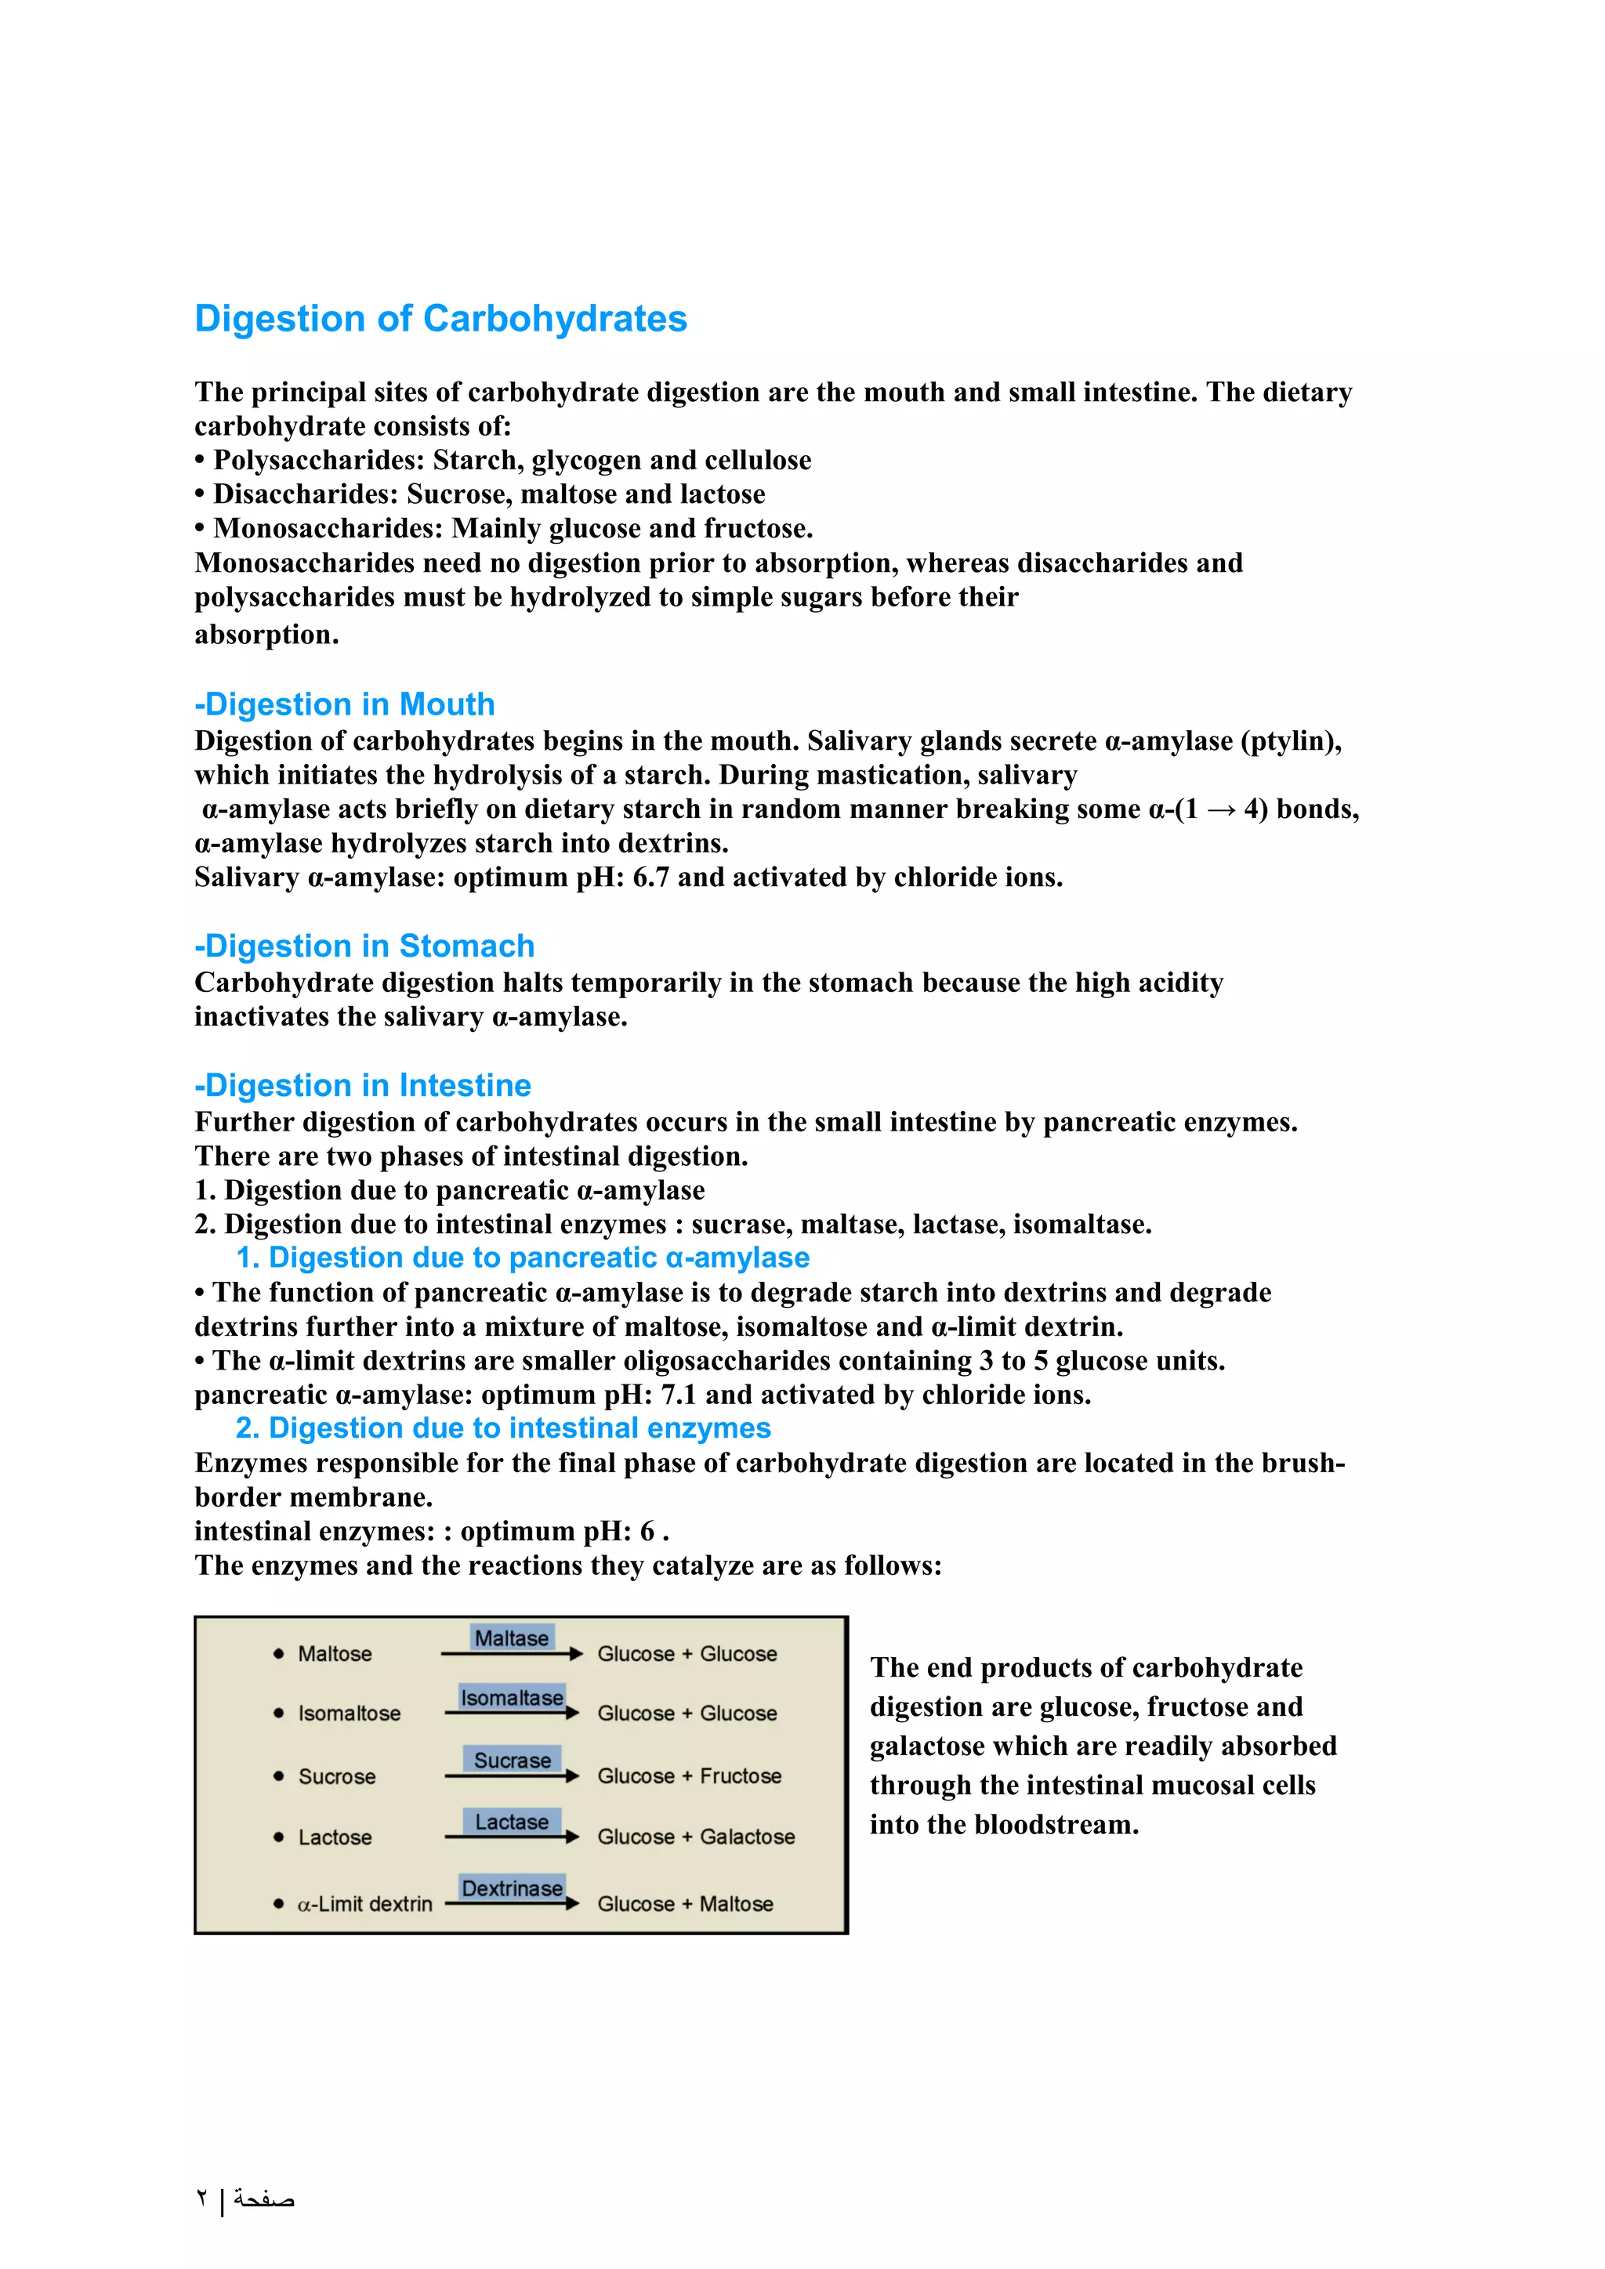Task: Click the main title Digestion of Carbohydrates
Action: pos(440,319)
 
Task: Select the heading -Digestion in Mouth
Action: pos(345,704)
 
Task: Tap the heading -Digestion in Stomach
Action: pos(364,946)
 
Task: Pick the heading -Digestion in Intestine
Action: pos(363,1085)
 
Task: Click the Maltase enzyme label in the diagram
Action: pos(511,1638)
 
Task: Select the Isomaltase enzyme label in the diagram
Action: pos(511,1697)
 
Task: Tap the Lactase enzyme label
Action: pos(511,1822)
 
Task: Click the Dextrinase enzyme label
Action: pos(511,1887)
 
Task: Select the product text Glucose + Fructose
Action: pos(689,1776)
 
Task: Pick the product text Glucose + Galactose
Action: pos(696,1837)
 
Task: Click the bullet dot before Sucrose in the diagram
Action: pos(279,1776)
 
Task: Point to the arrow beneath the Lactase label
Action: pos(511,1837)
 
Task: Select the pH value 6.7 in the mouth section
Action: pos(650,878)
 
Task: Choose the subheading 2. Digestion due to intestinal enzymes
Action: pos(503,1428)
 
